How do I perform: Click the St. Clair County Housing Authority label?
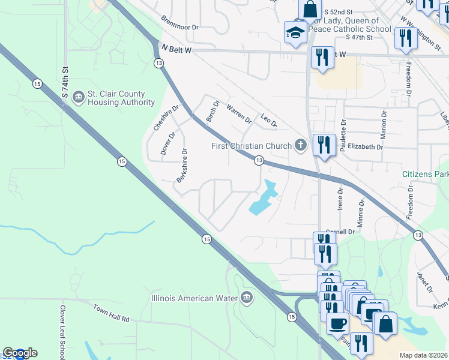(121, 98)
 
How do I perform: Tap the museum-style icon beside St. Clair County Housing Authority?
(77, 97)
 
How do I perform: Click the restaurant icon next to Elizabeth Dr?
(324, 145)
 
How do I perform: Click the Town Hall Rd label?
(111, 312)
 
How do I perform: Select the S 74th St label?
(65, 83)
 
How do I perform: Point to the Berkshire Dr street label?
(181, 166)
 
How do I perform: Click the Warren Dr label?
(239, 113)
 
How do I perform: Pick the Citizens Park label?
(425, 174)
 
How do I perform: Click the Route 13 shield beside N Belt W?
(158, 62)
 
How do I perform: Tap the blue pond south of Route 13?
(263, 200)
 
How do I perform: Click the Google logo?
(20, 353)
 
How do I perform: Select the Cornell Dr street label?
(340, 232)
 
